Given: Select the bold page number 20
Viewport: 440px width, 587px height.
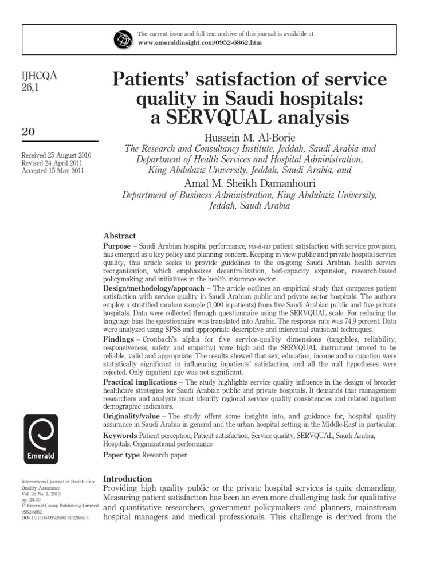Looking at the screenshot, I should [27, 131].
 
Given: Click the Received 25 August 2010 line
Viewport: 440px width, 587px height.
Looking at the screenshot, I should [56, 156].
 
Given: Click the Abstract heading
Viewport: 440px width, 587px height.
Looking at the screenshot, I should [119, 236].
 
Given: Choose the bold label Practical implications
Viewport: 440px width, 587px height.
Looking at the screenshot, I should [139, 382].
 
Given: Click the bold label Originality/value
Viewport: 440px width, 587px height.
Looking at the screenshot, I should [131, 416].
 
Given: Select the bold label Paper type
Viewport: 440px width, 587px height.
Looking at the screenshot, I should [121, 455].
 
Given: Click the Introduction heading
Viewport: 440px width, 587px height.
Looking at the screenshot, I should [127, 479].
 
